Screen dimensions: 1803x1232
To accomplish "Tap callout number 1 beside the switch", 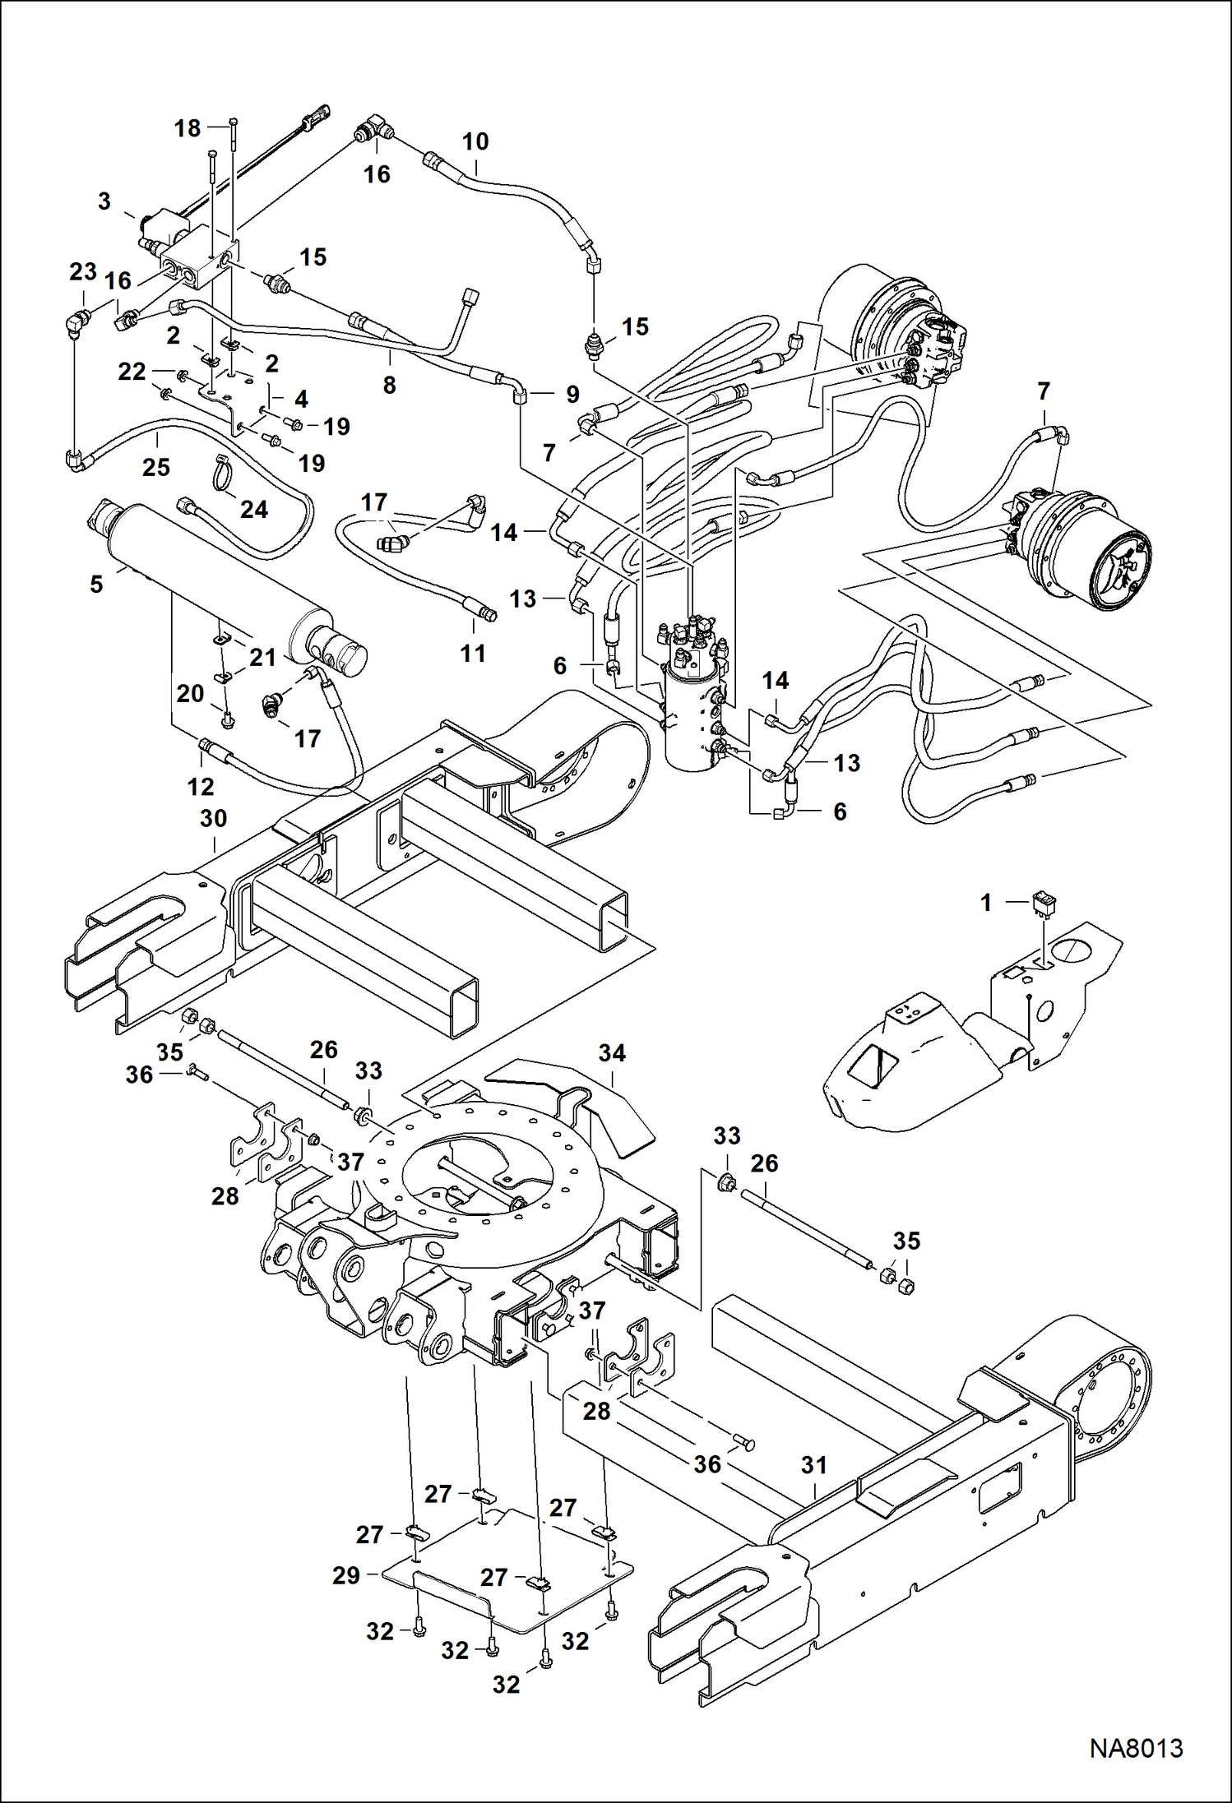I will pos(986,903).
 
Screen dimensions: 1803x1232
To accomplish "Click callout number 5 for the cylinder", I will pos(97,584).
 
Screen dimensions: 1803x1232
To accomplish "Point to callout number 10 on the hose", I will pos(475,141).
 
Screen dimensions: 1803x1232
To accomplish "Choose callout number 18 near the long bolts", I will pos(188,128).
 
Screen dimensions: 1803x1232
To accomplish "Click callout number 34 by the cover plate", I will pos(612,1052).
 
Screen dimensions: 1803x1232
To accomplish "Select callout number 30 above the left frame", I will pos(214,818).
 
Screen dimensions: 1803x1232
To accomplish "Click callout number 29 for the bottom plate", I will pos(346,1575).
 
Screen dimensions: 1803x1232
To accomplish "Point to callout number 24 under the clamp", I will pos(253,510).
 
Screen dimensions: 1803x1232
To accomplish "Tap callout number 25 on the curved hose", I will pos(156,467).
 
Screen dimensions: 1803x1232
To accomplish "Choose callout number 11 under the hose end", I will pos(473,654).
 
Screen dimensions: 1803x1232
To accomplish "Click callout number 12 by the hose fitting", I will pos(201,787).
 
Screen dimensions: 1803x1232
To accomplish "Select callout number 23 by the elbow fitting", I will pos(83,271).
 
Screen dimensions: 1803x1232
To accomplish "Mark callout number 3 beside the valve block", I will pos(104,201).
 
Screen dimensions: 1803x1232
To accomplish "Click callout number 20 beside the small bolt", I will pos(190,693).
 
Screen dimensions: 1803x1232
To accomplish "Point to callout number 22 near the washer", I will pos(132,372).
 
